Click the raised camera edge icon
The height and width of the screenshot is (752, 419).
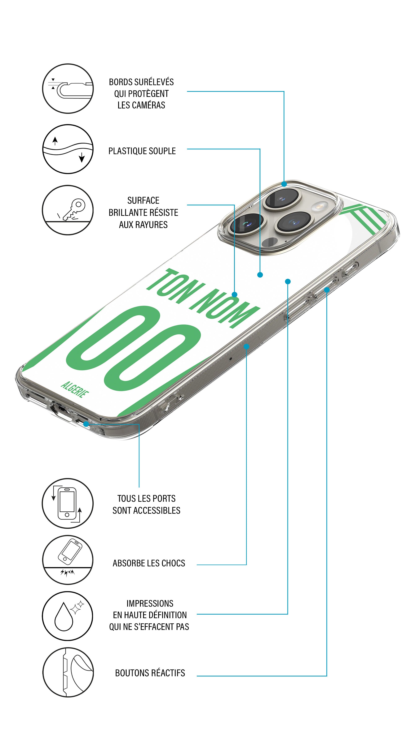[68, 89]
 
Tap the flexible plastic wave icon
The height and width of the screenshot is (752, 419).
[68, 149]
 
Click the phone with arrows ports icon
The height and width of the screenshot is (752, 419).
[68, 503]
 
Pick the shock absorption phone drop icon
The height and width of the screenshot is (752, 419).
[68, 560]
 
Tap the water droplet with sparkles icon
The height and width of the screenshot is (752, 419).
[68, 616]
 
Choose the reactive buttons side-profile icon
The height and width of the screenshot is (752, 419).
[68, 672]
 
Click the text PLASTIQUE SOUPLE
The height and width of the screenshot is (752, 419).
[142, 151]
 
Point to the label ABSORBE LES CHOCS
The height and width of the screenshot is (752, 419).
[149, 563]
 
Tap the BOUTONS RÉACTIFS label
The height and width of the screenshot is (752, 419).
[150, 673]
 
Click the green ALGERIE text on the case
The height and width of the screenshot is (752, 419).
[75, 390]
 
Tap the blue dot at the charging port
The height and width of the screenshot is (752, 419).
[86, 424]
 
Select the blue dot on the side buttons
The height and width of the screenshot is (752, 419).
[327, 290]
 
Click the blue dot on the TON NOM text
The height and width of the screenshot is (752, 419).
[234, 295]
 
